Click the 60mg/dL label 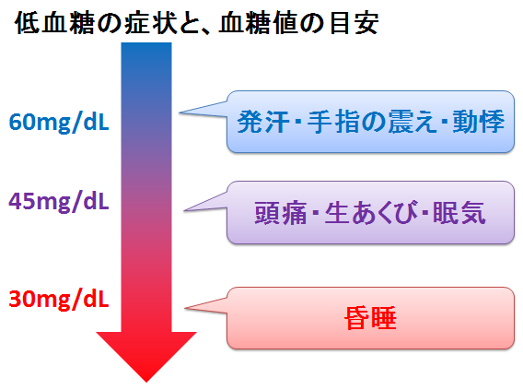59,123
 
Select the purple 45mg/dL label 59,202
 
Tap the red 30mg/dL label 59,299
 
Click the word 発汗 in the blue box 263,122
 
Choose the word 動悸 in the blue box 478,122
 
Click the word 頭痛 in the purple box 281,213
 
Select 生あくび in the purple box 371,213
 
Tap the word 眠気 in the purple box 459,213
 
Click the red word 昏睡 370,318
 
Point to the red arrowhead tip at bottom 146,382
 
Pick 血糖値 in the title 259,23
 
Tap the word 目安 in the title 354,23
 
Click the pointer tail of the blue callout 180,112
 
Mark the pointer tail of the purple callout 184,210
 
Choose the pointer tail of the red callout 185,308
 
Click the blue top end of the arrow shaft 146,43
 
